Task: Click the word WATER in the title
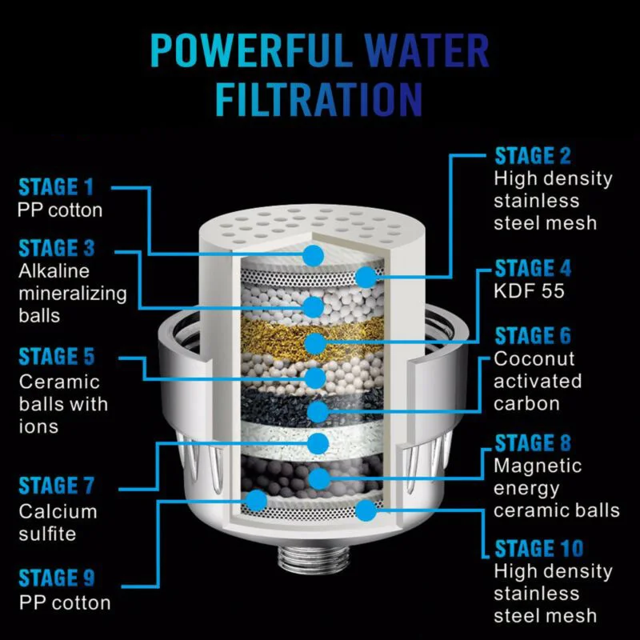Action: click(426, 50)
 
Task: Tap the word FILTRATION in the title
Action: click(318, 99)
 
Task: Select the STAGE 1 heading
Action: click(56, 187)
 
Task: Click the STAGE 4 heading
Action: click(533, 268)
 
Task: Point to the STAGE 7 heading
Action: click(56, 486)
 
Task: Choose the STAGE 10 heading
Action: click(538, 548)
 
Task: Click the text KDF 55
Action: click(529, 291)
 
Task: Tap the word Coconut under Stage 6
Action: click(534, 358)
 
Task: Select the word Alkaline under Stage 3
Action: click(54, 271)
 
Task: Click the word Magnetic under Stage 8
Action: click(538, 466)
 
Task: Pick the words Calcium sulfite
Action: click(58, 522)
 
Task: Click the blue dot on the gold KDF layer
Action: click(315, 343)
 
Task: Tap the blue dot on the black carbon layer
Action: click(318, 411)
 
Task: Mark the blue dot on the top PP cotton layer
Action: click(314, 256)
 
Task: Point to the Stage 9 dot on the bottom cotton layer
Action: click(257, 501)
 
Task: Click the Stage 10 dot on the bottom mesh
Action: click(366, 510)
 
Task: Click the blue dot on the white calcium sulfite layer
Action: click(318, 444)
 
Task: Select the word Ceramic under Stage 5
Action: click(59, 382)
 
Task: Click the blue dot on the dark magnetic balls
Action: click(320, 478)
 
